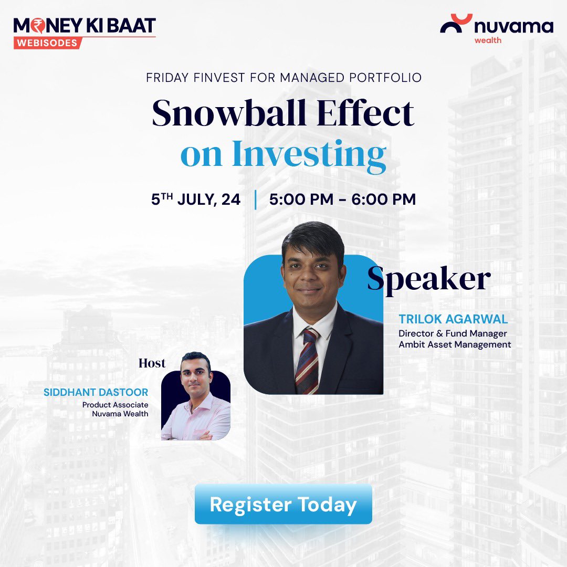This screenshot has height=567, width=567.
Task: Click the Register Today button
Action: [x=283, y=505]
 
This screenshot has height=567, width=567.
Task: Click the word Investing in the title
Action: [x=309, y=154]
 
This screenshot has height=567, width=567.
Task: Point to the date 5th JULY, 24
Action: [x=196, y=199]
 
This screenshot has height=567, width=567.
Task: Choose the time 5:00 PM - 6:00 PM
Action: [x=342, y=199]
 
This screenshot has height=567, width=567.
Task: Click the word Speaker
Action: [x=428, y=279]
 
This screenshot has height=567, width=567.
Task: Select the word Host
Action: [x=152, y=363]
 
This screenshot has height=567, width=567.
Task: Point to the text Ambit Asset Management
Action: [x=455, y=345]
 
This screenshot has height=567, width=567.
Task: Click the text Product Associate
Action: [x=115, y=404]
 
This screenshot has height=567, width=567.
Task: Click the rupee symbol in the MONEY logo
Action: [x=36, y=25]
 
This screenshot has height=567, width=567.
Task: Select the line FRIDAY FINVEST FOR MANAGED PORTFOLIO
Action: [x=283, y=78]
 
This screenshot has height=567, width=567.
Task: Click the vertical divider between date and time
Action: [x=255, y=199]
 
